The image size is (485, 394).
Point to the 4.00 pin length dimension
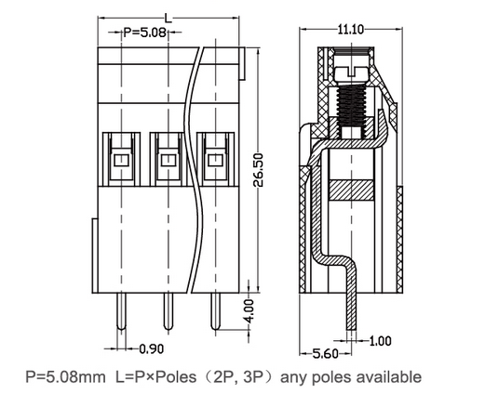click(248, 307)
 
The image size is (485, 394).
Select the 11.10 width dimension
click(351, 30)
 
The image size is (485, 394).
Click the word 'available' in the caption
click(385, 377)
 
